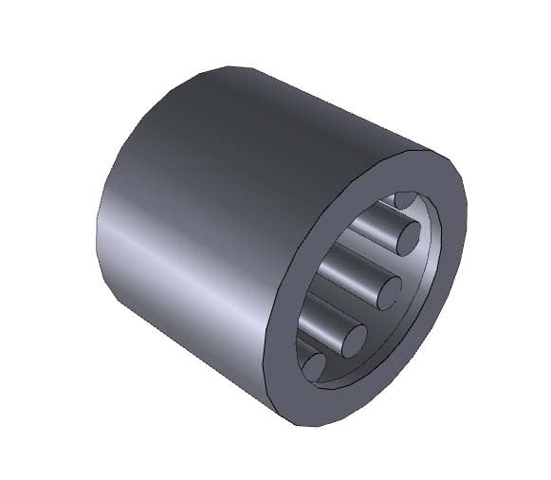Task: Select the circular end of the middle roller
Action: coord(389,290)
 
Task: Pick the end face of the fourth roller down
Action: coord(353,339)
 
